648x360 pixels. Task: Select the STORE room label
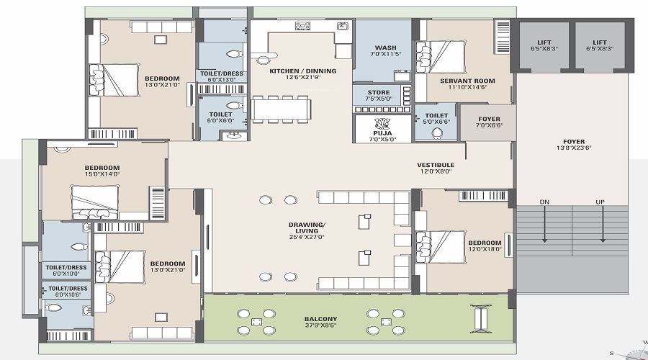[378, 93]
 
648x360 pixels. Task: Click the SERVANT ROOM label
[466, 80]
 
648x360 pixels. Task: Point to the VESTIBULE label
[436, 165]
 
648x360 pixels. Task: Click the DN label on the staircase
[544, 202]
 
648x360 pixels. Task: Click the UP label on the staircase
[599, 202]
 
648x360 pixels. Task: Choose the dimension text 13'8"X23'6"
[574, 148]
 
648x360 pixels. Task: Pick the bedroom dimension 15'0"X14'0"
[102, 174]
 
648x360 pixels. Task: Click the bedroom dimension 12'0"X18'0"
[485, 249]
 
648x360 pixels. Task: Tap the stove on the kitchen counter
[303, 26]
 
